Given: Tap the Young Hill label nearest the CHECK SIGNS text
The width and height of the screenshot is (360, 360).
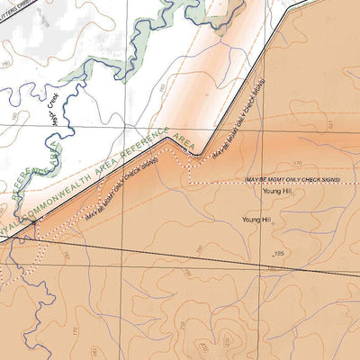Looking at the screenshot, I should click(x=277, y=191).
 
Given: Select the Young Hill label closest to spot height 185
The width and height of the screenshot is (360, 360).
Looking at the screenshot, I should click(x=256, y=219).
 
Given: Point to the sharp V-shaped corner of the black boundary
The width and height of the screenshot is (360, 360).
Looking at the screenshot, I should click(x=200, y=156).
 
